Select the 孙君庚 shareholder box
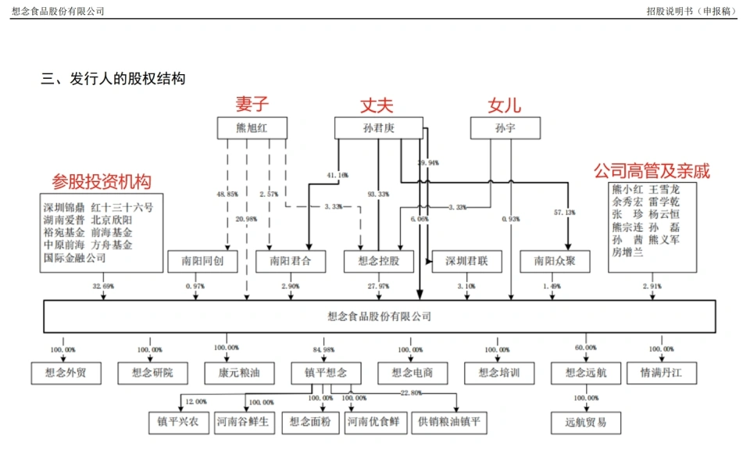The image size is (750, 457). [x=378, y=129]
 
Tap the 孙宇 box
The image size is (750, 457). [x=505, y=129]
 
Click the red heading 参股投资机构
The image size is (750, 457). [x=102, y=181]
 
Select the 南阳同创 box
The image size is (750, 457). [x=202, y=262]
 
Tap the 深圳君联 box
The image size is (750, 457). [x=466, y=262]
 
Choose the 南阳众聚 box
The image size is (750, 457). [x=555, y=262]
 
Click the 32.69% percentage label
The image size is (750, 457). [x=103, y=287]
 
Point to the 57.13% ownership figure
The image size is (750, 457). [x=564, y=212]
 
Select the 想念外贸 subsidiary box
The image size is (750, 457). [x=66, y=373]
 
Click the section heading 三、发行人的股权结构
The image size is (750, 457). [x=113, y=79]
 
